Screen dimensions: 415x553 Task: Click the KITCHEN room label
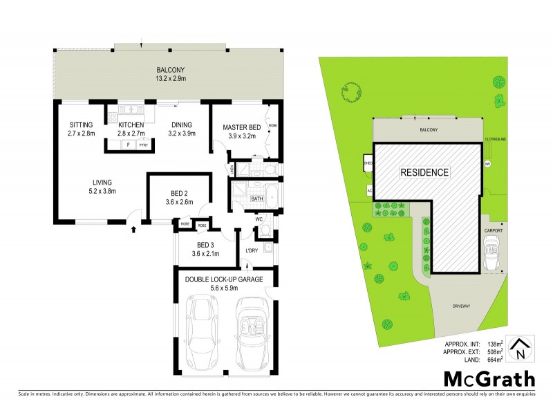pos(131,124)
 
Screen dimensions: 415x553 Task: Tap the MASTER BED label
pos(241,127)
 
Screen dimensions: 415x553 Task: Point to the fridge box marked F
pos(128,145)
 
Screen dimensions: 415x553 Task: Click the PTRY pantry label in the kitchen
pos(144,145)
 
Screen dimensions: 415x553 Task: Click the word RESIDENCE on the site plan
pos(424,172)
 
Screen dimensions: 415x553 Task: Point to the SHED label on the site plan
pos(367,163)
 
